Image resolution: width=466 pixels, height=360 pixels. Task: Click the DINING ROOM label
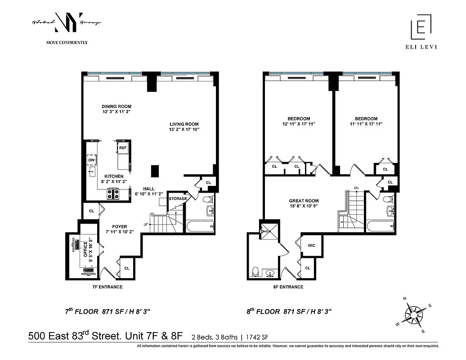tap(116, 106)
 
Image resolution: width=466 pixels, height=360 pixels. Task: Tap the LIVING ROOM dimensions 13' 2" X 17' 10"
tap(184, 130)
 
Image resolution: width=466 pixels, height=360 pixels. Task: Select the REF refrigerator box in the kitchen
tap(123, 147)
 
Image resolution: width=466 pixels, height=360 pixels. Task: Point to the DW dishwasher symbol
tap(91, 160)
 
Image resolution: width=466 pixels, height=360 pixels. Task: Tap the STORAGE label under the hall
tap(178, 198)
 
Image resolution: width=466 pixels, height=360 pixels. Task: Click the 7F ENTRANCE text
tap(106, 287)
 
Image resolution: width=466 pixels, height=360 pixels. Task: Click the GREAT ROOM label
tap(304, 201)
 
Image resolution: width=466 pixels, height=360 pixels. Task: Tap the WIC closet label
tap(311, 246)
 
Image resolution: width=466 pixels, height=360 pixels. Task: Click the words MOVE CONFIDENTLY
tap(67, 43)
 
